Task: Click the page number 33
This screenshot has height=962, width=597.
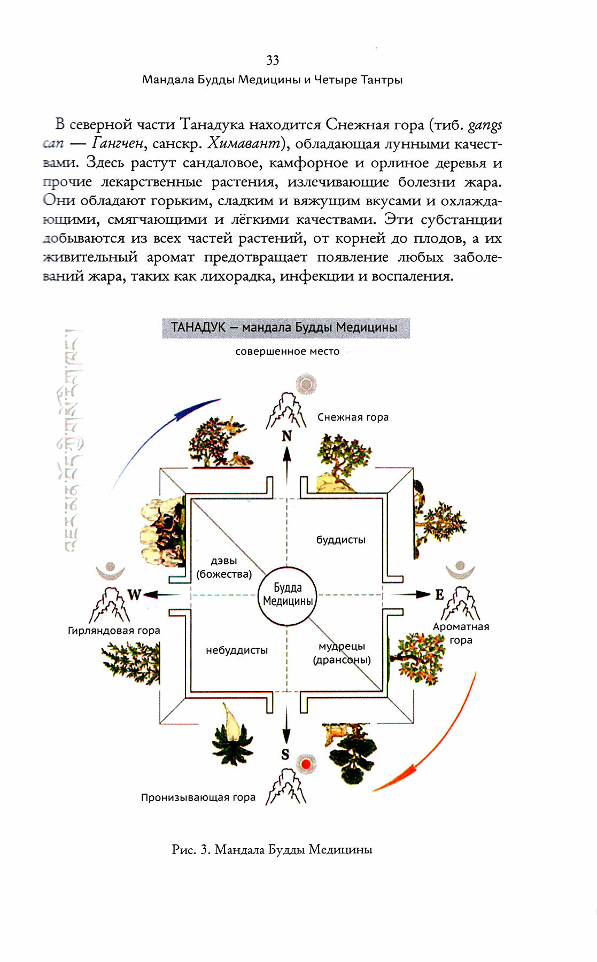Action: tap(273, 60)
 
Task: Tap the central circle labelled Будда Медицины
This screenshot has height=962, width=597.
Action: tap(287, 595)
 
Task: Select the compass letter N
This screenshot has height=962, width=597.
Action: tap(287, 436)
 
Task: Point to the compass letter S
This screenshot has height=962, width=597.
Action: tap(285, 755)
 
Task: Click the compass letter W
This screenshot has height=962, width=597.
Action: tap(134, 594)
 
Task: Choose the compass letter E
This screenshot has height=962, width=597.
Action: tap(439, 594)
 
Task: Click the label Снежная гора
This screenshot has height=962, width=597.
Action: tap(353, 417)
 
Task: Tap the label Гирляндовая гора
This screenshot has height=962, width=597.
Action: tap(114, 631)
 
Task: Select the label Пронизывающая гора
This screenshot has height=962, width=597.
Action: tap(198, 797)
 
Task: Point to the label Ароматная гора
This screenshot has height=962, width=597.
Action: tap(461, 633)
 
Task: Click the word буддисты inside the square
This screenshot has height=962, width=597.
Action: tap(341, 540)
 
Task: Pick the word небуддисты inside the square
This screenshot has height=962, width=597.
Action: tap(237, 650)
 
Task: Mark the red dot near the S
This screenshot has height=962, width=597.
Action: tap(306, 764)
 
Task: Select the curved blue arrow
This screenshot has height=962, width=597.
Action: tap(155, 438)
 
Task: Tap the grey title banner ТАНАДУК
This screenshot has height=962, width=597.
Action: tap(286, 328)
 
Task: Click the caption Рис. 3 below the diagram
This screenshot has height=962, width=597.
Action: tap(272, 850)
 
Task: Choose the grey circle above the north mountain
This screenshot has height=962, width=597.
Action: tap(306, 384)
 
